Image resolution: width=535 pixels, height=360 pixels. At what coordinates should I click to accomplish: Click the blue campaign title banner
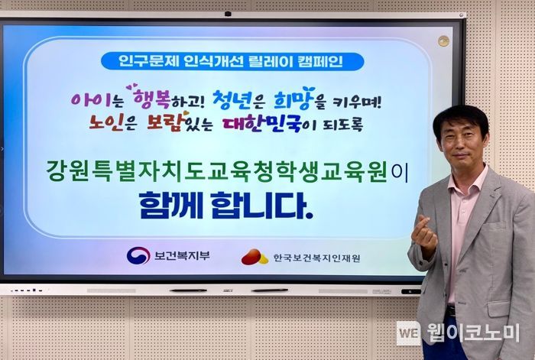[232, 61]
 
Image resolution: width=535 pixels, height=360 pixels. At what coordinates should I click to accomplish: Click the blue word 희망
[293, 99]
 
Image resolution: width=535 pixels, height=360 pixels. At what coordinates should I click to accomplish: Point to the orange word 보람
[167, 121]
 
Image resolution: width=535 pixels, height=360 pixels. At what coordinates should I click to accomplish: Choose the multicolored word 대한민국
[262, 124]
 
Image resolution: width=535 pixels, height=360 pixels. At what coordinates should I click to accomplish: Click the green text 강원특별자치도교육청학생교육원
[217, 172]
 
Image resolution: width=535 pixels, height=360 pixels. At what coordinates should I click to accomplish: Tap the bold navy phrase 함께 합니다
[226, 206]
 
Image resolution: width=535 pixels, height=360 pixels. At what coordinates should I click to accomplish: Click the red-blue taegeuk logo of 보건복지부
[138, 255]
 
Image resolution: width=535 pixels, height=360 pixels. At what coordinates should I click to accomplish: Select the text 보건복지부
[182, 255]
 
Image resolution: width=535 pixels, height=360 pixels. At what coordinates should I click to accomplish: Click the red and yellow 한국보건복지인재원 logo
[255, 257]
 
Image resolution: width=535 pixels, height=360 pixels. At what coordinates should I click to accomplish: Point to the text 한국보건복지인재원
[316, 258]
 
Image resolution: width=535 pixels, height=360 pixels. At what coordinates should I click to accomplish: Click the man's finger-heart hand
[423, 235]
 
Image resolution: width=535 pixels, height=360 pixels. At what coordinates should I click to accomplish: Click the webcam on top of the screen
[228, 14]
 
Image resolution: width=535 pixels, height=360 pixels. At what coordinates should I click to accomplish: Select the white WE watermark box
[408, 333]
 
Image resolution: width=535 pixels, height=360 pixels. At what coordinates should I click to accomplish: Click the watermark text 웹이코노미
[473, 332]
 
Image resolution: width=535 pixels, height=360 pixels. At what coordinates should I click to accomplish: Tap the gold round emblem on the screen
[443, 41]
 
